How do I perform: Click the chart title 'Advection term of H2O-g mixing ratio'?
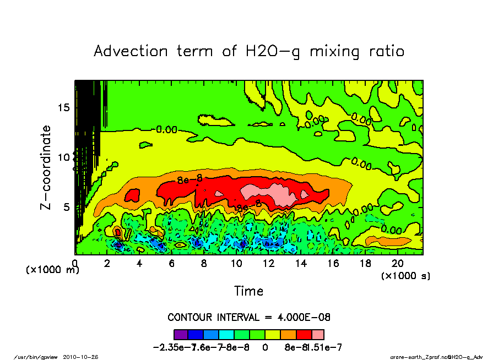pyautogui.click(x=249, y=51)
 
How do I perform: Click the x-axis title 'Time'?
pyautogui.click(x=249, y=291)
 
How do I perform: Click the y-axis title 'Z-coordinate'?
pyautogui.click(x=46, y=167)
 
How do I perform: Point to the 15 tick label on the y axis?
pyautogui.click(x=64, y=107)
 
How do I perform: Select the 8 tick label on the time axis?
pyautogui.click(x=204, y=264)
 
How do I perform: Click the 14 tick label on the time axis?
pyautogui.click(x=301, y=264)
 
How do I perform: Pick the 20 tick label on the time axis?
pyautogui.click(x=398, y=264)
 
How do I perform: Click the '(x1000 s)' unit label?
pyautogui.click(x=405, y=275)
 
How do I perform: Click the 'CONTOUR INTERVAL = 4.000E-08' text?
pyautogui.click(x=249, y=318)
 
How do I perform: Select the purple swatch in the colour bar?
pyautogui.click(x=181, y=334)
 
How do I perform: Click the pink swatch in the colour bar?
pyautogui.click(x=317, y=334)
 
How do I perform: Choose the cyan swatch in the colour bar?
pyautogui.click(x=227, y=334)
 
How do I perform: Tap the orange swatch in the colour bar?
pyautogui.click(x=288, y=334)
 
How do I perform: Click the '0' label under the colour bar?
pyautogui.click(x=264, y=347)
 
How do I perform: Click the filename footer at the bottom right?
pyautogui.click(x=436, y=356)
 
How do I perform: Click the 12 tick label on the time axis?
pyautogui.click(x=268, y=264)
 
